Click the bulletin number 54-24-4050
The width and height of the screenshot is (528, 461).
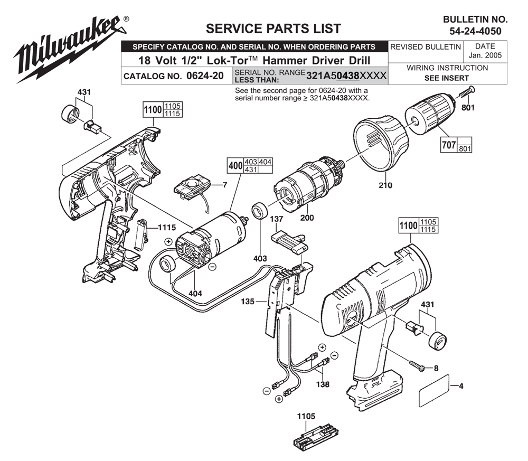click(475, 31)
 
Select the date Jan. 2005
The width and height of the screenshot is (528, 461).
click(484, 55)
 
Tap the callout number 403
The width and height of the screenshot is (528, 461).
click(259, 258)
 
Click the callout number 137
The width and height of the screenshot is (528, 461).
click(276, 218)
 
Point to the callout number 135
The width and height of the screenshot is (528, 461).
click(248, 303)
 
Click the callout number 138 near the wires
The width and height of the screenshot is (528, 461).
click(322, 384)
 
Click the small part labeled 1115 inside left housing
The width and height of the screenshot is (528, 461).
click(140, 234)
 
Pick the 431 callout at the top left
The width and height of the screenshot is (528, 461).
click(83, 92)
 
